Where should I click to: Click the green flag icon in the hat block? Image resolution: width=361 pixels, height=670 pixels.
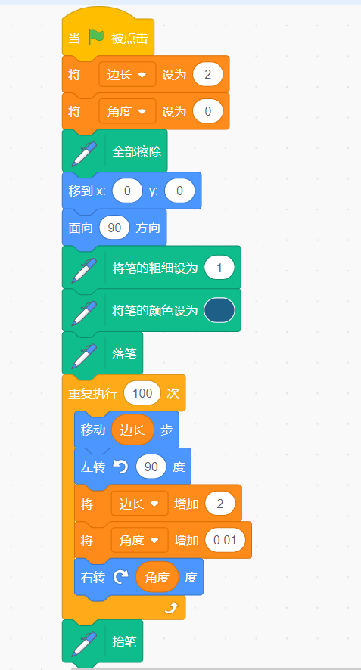coord(97,38)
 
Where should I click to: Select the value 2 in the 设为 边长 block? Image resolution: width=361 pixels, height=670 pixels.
coord(208,75)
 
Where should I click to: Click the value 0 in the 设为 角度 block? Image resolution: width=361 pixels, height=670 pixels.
coord(208,111)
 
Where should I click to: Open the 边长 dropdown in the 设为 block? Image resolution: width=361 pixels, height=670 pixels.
coord(127,75)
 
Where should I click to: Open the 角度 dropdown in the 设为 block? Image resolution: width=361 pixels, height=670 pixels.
coord(127,111)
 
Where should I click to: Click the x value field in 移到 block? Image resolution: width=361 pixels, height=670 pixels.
coord(127,191)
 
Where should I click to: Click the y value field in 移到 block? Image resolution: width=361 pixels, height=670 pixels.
coord(179,191)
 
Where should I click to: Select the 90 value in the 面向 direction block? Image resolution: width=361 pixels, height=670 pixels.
coord(114,228)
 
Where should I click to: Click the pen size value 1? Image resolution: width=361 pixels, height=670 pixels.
coord(219,268)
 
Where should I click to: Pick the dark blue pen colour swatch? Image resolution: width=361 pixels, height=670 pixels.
coord(219,310)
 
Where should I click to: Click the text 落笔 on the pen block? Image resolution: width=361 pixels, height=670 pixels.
coord(124,354)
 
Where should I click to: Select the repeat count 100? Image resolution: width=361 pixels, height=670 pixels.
coord(142,393)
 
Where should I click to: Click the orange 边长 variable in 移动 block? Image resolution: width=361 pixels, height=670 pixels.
coord(132,430)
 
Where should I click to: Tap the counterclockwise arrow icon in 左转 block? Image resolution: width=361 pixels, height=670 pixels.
coord(120,467)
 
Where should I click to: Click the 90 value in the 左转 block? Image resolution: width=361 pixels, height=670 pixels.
coord(151,467)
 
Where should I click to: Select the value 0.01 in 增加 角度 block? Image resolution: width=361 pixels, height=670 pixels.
coord(225,540)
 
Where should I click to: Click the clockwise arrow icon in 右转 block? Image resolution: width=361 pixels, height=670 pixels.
coord(120,577)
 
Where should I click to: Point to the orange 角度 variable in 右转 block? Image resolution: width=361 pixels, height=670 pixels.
coord(157,577)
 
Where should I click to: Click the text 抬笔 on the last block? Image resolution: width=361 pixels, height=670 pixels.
coord(124,641)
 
